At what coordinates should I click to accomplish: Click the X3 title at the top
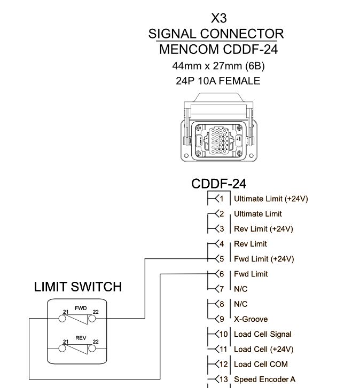pos(218,19)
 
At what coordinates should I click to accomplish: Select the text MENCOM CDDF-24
pos(218,50)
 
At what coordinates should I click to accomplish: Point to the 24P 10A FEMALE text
pos(218,81)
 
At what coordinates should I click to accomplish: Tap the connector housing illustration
pos(218,129)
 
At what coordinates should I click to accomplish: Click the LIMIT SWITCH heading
pos(77,287)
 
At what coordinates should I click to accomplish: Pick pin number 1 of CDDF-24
pos(219,199)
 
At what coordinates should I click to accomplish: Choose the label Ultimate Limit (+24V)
pos(271,199)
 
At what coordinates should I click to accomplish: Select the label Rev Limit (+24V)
pos(263,229)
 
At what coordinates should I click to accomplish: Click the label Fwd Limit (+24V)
pos(264,259)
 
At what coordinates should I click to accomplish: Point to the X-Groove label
pos(251,319)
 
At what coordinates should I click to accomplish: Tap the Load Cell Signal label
pos(263,334)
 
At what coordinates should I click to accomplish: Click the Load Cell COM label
pos(261,364)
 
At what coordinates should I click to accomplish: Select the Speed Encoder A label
pos(264,379)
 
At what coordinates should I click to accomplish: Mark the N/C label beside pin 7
pos(241,289)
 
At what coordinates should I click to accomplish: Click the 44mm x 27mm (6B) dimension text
pos(218,66)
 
